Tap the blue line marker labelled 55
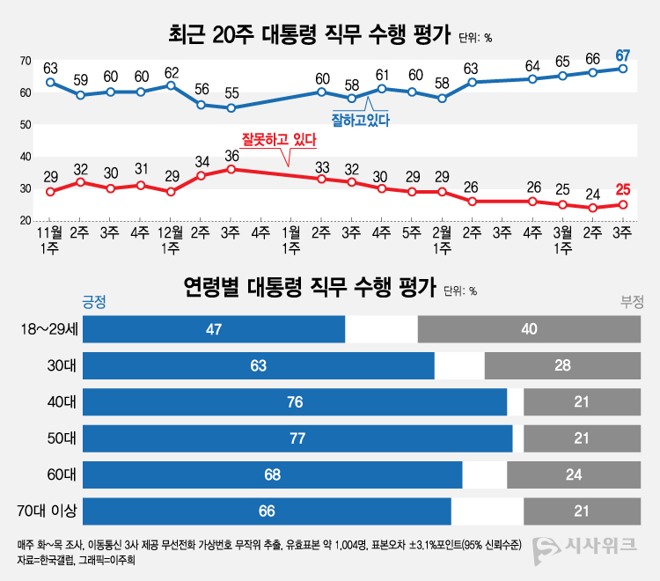coord(231,108)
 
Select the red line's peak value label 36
coord(231,156)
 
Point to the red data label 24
coord(592,195)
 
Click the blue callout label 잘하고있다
coord(360,117)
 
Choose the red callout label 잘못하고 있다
coord(279,138)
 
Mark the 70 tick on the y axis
coord(26,61)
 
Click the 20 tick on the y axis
coord(26,220)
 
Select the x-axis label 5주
coord(412,233)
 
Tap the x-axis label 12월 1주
coord(171,240)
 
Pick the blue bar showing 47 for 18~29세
coord(214,328)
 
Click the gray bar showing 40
coord(529,328)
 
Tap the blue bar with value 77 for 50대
coord(297,438)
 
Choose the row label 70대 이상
coord(48,511)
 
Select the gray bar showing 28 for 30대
coord(562,365)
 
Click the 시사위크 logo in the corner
coord(586,546)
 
